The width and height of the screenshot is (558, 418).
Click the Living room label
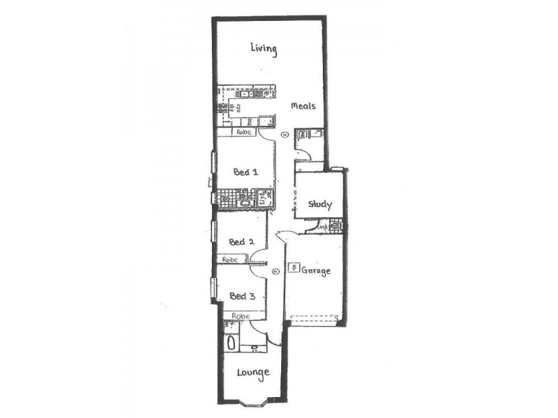(x=264, y=49)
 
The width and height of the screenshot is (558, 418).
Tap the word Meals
(x=303, y=107)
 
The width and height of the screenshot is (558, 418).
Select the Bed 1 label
(x=246, y=172)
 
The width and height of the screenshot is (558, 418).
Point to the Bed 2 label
(x=241, y=242)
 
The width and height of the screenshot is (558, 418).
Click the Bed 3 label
(x=242, y=296)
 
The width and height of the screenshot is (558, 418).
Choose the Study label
(x=320, y=205)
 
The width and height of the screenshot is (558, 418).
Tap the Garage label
(x=315, y=270)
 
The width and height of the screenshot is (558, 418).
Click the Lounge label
(x=252, y=373)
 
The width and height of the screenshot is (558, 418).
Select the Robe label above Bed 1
(x=243, y=132)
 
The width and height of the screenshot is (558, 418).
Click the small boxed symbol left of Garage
(x=296, y=267)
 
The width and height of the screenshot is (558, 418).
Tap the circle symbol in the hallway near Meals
(x=284, y=134)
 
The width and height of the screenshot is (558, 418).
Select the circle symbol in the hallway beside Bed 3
(x=276, y=272)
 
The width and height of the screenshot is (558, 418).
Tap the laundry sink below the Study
(x=335, y=226)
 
